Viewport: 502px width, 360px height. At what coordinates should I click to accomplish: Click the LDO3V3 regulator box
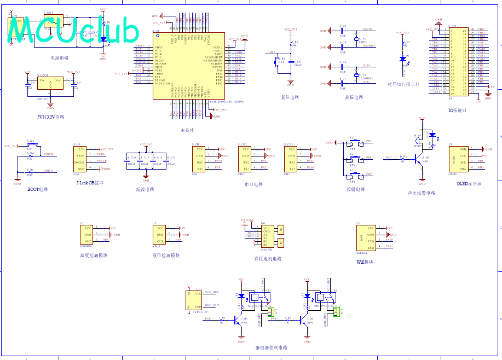click(50, 84)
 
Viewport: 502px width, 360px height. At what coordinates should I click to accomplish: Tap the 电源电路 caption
click(59, 57)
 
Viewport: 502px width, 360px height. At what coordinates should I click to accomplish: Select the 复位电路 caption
click(290, 97)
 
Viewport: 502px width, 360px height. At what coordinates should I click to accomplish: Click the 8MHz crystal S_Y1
click(356, 39)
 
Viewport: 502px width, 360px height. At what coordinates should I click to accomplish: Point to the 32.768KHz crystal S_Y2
click(356, 75)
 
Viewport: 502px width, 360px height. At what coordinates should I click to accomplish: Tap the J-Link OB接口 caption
click(90, 182)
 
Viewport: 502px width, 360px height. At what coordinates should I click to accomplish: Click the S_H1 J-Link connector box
click(81, 159)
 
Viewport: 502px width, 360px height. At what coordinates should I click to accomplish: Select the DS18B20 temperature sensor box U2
click(87, 234)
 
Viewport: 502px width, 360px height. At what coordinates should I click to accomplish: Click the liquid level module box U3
click(160, 234)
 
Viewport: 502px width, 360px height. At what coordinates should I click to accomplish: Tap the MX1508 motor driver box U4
click(266, 235)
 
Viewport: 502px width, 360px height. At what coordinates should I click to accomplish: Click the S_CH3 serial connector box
click(291, 159)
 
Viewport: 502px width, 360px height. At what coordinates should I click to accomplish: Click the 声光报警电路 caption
click(421, 193)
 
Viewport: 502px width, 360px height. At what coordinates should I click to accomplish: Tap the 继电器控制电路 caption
click(271, 347)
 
